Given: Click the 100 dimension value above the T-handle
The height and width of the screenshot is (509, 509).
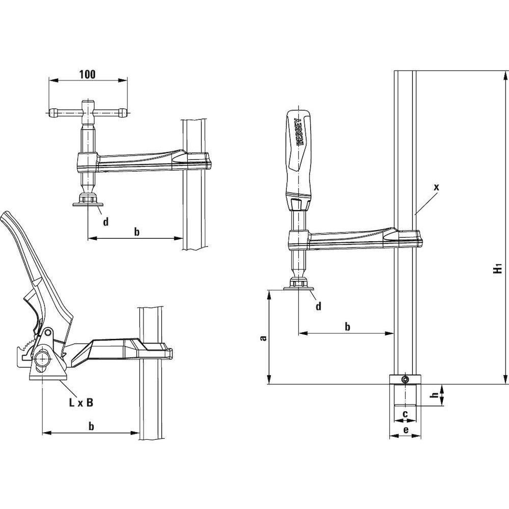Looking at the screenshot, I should (88, 74).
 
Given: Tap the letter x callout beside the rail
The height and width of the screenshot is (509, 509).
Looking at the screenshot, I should (436, 187).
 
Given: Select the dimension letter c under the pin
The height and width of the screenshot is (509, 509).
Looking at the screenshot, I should (405, 414).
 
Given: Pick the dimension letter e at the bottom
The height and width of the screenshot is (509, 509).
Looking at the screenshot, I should (406, 430).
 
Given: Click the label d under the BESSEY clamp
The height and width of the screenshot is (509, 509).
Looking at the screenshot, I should (318, 306).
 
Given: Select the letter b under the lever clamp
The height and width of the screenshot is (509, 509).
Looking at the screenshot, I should (91, 427).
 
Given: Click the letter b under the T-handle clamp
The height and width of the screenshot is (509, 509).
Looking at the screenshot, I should (136, 232).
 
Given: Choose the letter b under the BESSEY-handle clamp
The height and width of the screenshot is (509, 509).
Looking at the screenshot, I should (347, 326).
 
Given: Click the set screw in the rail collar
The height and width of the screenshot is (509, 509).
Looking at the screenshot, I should (405, 380).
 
